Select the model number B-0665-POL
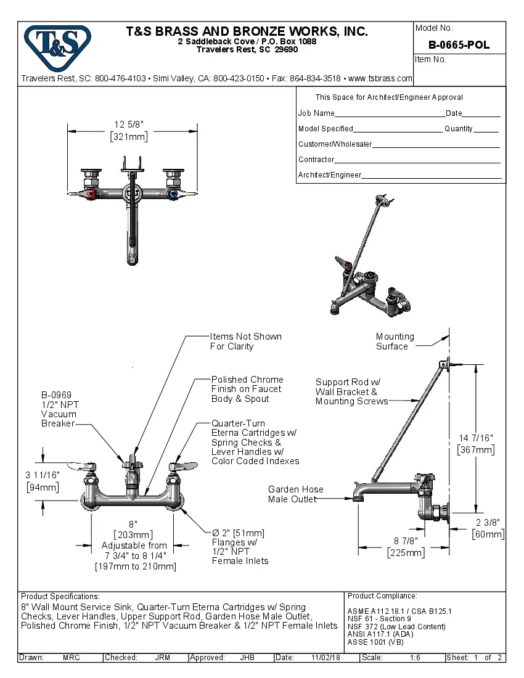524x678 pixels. [x=459, y=44]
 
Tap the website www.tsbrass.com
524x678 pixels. [x=380, y=79]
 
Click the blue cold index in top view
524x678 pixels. [x=172, y=195]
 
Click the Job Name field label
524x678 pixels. [x=316, y=113]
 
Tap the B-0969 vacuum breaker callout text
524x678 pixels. [x=59, y=409]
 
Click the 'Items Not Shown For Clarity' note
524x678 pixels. [x=245, y=341]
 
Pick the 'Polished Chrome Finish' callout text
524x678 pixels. [x=247, y=389]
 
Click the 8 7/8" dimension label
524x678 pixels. [x=406, y=541]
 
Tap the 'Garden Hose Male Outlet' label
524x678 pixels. [x=295, y=494]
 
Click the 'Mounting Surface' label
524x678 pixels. [x=395, y=341]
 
